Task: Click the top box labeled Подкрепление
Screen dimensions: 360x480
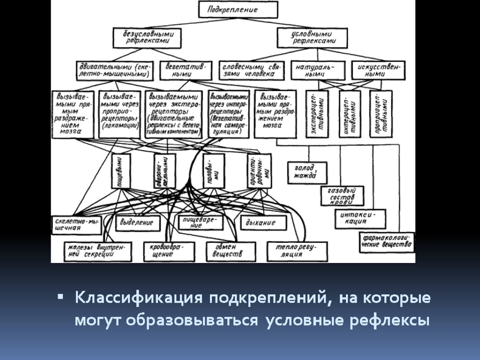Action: pyautogui.click(x=238, y=9)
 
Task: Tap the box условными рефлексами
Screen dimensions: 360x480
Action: pyautogui.click(x=312, y=37)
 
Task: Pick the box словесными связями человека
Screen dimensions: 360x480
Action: pyautogui.click(x=251, y=70)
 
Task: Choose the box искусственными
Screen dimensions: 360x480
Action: pyautogui.click(x=378, y=70)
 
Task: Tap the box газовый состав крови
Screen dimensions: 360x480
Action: pyautogui.click(x=340, y=196)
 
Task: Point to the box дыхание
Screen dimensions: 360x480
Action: pyautogui.click(x=258, y=223)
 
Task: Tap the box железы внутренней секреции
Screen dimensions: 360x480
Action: pyautogui.click(x=98, y=251)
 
